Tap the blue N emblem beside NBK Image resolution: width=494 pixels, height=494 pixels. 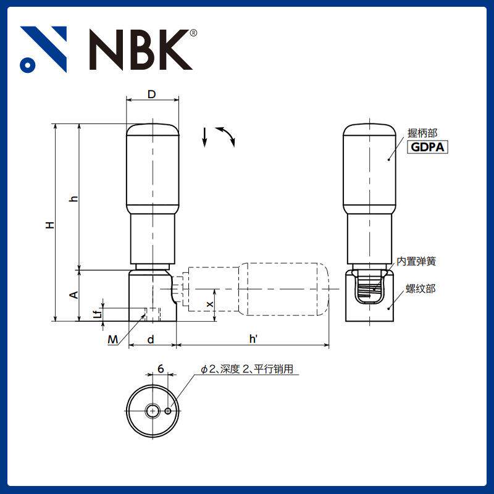(43, 49)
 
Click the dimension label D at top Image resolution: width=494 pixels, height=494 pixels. (152, 94)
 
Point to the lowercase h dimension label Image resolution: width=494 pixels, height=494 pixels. (73, 198)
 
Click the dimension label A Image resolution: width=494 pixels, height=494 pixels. (73, 295)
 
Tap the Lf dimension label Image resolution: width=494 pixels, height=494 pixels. (97, 314)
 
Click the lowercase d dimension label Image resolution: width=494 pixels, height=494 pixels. (150, 339)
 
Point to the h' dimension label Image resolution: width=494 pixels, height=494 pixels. (253, 339)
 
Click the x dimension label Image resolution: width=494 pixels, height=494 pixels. (210, 305)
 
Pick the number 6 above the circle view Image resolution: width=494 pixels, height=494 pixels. (160, 369)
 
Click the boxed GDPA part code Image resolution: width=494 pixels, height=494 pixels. (427, 147)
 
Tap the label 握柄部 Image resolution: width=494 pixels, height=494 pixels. (422, 133)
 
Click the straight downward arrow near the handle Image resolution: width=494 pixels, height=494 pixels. (204, 137)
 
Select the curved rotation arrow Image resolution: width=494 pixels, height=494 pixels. (225, 136)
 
